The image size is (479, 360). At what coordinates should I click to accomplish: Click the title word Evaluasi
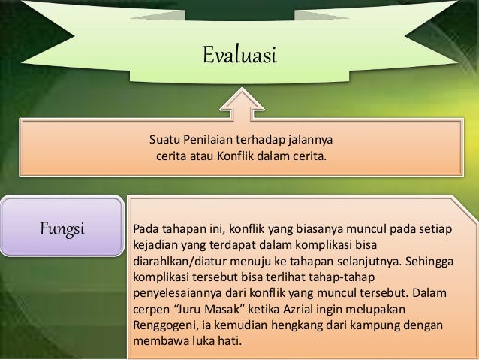pos(239,56)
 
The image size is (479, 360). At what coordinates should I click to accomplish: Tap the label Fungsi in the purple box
pos(62,227)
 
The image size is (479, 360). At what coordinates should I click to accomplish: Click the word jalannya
pos(309,141)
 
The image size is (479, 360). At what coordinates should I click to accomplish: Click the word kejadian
pos(155,244)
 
